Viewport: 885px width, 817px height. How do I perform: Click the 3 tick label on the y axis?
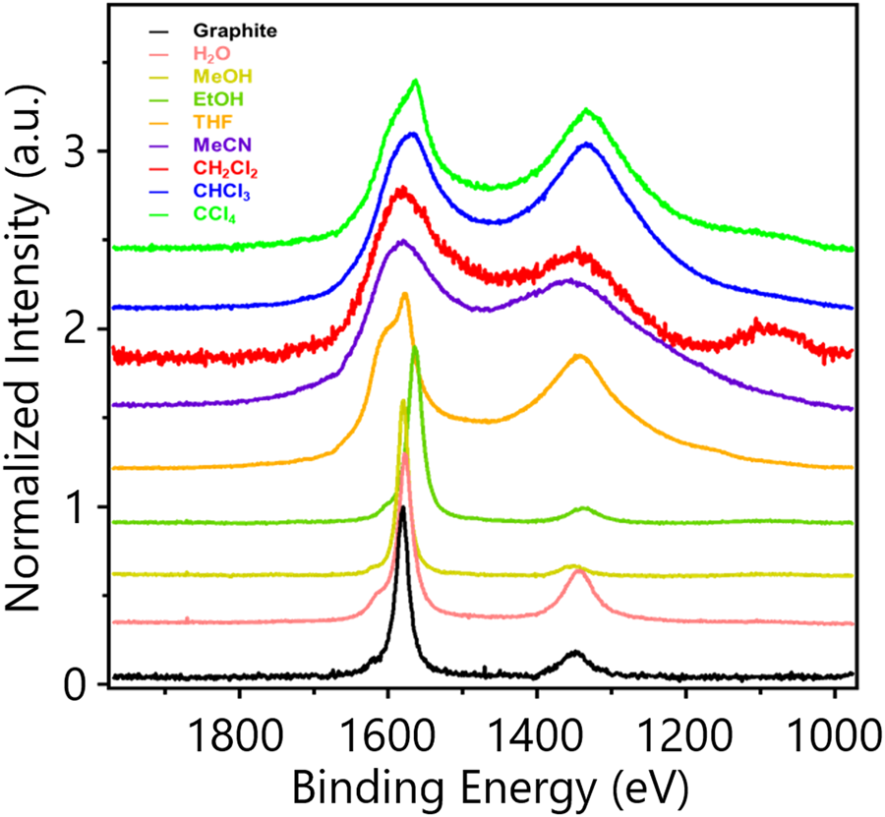pos(75,150)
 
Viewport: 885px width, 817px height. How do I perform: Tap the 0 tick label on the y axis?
pos(75,684)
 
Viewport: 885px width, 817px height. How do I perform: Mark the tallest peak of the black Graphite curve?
pos(403,508)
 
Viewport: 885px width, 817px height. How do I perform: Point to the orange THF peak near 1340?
pos(579,356)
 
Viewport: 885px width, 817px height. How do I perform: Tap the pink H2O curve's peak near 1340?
pos(578,571)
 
